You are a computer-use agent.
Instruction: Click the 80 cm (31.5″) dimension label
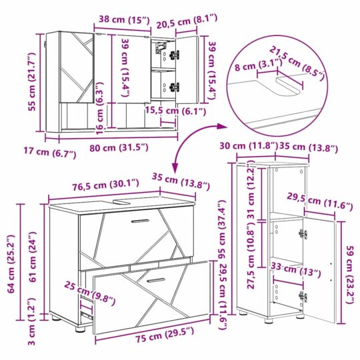coord(119,147)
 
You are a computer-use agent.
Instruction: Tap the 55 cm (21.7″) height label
coord(33,81)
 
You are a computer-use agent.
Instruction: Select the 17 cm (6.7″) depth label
coord(50,152)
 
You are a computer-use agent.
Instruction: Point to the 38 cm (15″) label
coord(124,20)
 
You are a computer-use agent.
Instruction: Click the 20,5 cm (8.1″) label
coord(187,21)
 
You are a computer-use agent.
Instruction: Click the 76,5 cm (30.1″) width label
coord(105,185)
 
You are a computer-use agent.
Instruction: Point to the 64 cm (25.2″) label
coord(12,264)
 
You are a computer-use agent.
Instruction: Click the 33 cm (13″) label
coord(296,270)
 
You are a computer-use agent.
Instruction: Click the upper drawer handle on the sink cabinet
coord(140,221)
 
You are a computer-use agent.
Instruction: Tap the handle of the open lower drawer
coord(155,280)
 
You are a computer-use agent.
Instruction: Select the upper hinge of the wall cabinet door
coord(174,55)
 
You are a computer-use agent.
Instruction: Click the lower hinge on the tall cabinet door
coord(303,296)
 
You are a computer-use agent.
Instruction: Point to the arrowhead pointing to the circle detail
coord(222,126)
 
